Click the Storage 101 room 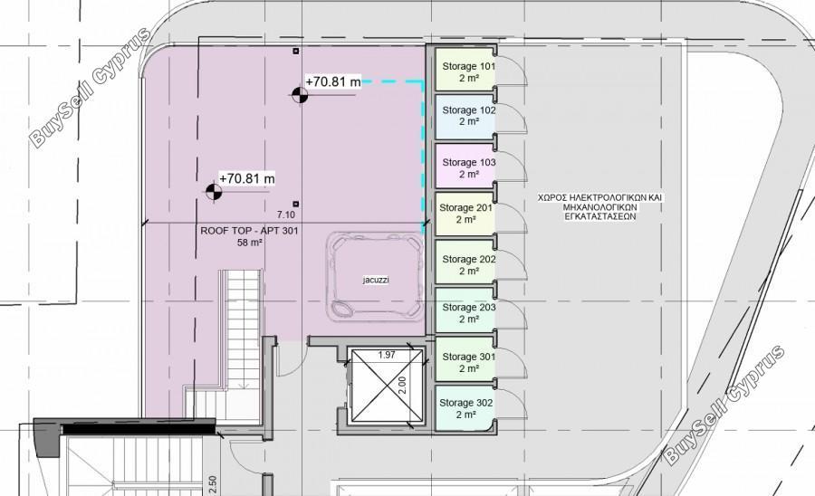point(465,70)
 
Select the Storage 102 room point(465,117)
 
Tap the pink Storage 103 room point(465,166)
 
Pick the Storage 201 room point(465,214)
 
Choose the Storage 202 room point(465,262)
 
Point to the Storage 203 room point(465,310)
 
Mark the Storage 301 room point(465,359)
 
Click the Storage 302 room point(465,408)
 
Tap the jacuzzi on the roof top point(375,276)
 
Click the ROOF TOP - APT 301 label point(250,231)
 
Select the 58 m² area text point(250,243)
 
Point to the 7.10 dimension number point(286,215)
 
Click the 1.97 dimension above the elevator point(387,355)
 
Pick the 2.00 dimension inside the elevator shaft point(402,385)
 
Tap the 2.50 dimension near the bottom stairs point(212,485)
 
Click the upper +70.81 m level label point(333,81)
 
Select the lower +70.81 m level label point(247,178)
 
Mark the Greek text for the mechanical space point(600,207)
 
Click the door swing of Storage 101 point(512,66)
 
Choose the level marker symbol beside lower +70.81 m point(214,192)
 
